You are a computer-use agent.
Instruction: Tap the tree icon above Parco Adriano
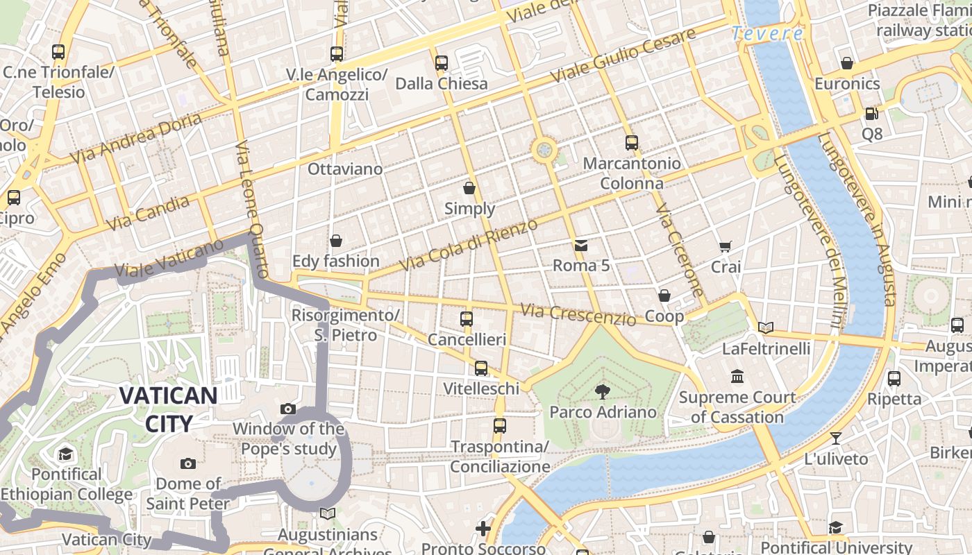[602, 392]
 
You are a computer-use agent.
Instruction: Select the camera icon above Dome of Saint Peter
[187, 463]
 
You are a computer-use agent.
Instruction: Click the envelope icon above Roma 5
[580, 245]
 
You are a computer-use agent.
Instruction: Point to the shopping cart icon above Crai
[726, 246]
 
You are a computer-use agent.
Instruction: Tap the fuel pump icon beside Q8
[871, 113]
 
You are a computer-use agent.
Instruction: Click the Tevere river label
[767, 33]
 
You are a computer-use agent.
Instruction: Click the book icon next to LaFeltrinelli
[766, 327]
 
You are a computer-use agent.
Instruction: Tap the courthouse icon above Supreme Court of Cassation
[737, 377]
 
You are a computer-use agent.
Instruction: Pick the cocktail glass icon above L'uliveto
[836, 438]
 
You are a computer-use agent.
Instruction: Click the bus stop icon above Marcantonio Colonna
[631, 143]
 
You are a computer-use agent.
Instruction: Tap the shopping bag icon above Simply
[469, 188]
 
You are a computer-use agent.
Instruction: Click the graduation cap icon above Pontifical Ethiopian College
[65, 454]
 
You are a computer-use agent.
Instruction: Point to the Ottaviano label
[345, 169]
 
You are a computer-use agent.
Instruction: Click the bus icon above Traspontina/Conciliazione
[500, 425]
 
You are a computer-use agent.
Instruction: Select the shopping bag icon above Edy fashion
[336, 241]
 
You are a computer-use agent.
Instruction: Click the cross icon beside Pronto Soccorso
[483, 529]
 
